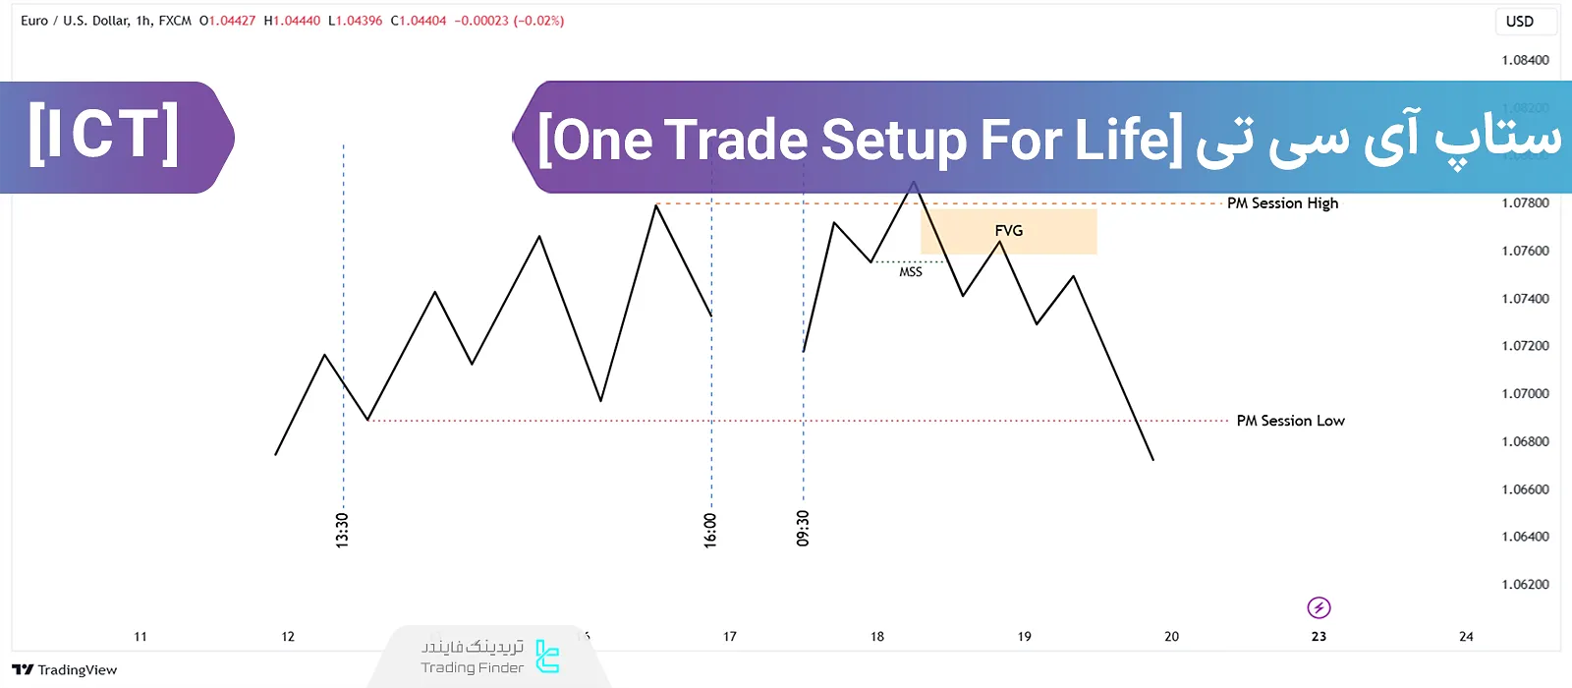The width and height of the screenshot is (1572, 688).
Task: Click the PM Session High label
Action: pyautogui.click(x=1282, y=203)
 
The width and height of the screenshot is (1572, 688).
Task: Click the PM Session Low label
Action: pyautogui.click(x=1290, y=421)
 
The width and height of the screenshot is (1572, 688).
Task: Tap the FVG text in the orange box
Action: pyautogui.click(x=1009, y=231)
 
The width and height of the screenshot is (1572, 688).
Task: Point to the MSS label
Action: pyautogui.click(x=911, y=272)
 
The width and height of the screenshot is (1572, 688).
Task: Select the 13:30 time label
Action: pyautogui.click(x=342, y=530)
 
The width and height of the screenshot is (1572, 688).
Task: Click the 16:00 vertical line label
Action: pyautogui.click(x=710, y=530)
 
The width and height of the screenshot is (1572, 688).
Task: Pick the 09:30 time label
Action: pyautogui.click(x=803, y=528)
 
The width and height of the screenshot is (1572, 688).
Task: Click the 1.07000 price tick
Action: pyautogui.click(x=1525, y=394)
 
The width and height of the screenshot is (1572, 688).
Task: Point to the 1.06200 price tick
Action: pyautogui.click(x=1525, y=585)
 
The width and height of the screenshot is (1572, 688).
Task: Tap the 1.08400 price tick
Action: pyautogui.click(x=1525, y=60)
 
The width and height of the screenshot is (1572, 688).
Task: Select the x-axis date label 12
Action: pyautogui.click(x=288, y=637)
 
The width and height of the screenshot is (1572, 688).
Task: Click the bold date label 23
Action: pyautogui.click(x=1319, y=637)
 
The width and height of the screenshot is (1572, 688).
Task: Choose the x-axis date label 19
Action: pyautogui.click(x=1025, y=637)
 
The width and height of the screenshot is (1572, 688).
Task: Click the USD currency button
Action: pyautogui.click(x=1520, y=22)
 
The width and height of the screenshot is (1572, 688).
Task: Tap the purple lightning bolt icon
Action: pyautogui.click(x=1319, y=607)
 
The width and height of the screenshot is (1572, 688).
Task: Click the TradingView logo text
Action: pyautogui.click(x=65, y=670)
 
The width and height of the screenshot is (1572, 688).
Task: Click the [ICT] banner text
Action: pyautogui.click(x=103, y=136)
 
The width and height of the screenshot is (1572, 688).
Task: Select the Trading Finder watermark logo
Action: pyautogui.click(x=547, y=657)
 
